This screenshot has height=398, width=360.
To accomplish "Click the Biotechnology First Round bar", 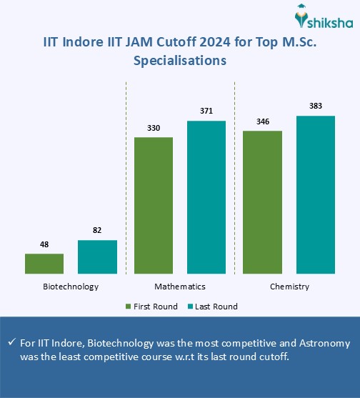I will [x=44, y=264].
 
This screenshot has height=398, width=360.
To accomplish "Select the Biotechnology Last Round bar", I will [x=97, y=257].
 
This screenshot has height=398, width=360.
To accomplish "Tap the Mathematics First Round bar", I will [x=154, y=205].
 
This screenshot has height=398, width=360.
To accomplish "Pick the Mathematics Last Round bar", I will [x=206, y=197].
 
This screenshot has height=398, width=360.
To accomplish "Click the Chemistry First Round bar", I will [x=262, y=202].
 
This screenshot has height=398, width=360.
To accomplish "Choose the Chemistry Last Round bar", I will [x=316, y=194].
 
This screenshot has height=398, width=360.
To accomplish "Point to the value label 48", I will [x=44, y=244].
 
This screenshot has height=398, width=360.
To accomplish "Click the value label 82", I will [x=97, y=231].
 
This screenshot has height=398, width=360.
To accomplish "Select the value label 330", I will [x=154, y=128].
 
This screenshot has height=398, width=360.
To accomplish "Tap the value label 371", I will [x=206, y=111].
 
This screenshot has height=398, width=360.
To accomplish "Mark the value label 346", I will [x=262, y=121].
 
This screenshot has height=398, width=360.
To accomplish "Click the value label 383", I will [x=316, y=106].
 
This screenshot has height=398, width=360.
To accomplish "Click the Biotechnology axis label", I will [x=71, y=286].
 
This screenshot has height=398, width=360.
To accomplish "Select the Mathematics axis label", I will [x=180, y=286].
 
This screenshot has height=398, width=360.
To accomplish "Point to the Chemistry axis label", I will [x=289, y=286].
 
